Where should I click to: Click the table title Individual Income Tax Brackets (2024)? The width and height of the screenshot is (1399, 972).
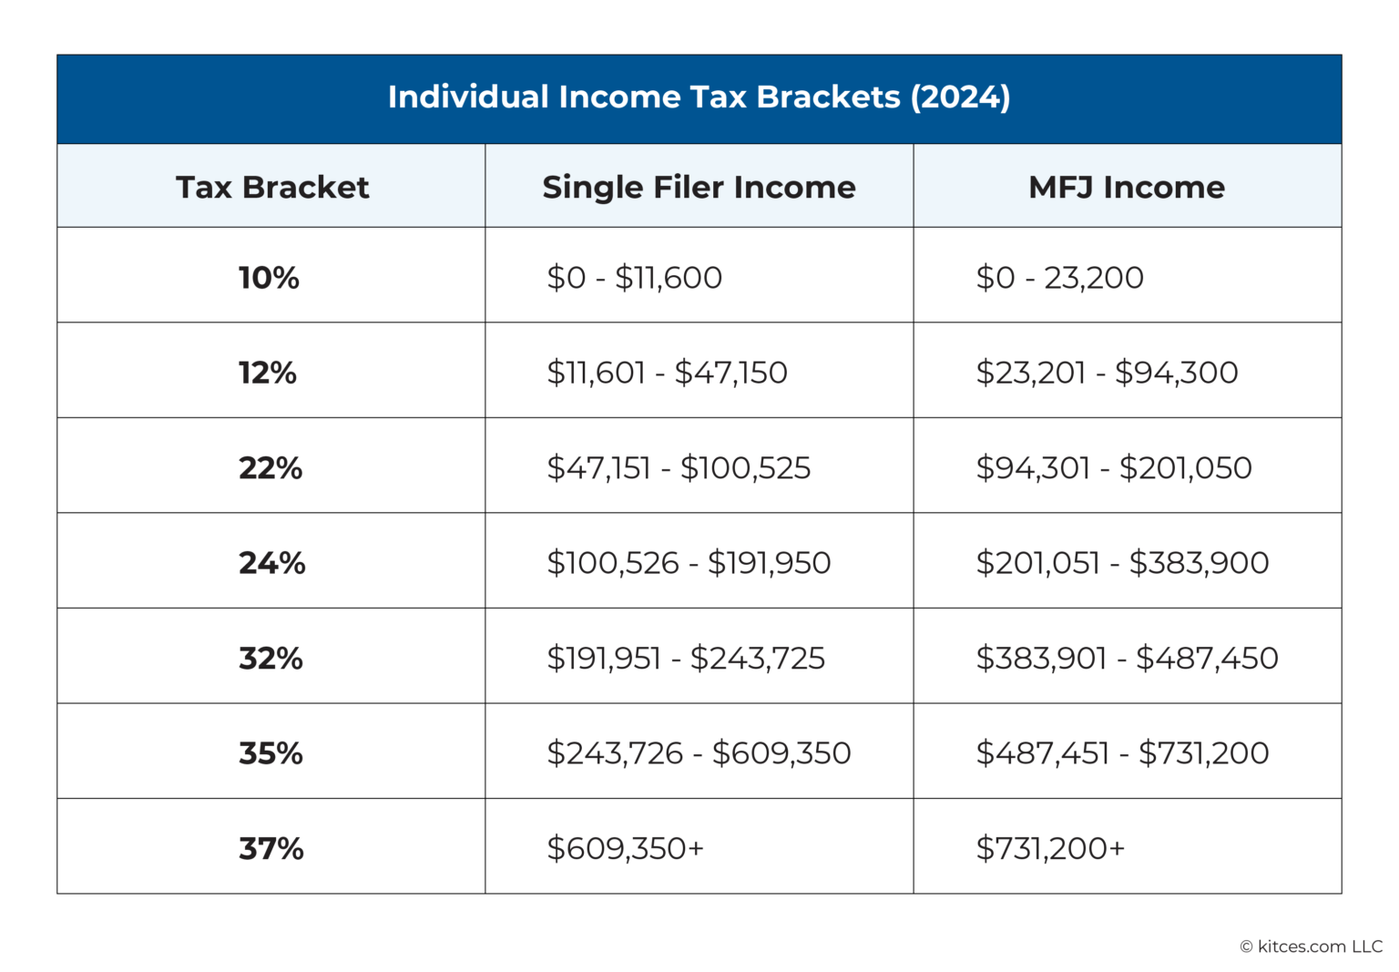(699, 97)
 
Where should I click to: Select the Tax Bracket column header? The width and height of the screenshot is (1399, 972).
(271, 187)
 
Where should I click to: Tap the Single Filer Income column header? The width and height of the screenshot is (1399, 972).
(699, 187)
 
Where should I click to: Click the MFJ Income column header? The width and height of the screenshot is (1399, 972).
(1127, 187)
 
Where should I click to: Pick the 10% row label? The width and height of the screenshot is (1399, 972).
(269, 277)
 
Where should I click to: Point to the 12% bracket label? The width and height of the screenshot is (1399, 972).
(268, 373)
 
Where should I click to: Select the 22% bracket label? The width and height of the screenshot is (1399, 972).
(271, 467)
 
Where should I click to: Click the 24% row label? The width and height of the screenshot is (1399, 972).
(271, 563)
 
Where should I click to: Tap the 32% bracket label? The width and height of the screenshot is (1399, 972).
(271, 658)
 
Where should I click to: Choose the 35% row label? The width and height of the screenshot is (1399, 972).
(271, 753)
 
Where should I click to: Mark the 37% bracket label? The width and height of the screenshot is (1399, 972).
(271, 848)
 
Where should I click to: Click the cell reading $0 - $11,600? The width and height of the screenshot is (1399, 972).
(634, 277)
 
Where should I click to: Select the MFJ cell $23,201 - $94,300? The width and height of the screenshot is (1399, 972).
(1107, 373)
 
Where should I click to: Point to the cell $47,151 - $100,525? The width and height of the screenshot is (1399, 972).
(679, 467)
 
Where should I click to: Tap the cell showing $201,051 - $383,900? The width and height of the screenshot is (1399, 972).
(1122, 563)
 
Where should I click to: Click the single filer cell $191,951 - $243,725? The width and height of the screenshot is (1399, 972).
(685, 658)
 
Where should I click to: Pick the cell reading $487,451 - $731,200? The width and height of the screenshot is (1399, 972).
(1122, 753)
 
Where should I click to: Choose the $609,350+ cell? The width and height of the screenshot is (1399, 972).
(625, 848)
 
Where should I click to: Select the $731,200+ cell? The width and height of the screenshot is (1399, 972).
(1050, 848)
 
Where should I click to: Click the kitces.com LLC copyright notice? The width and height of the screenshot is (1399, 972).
(1311, 946)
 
